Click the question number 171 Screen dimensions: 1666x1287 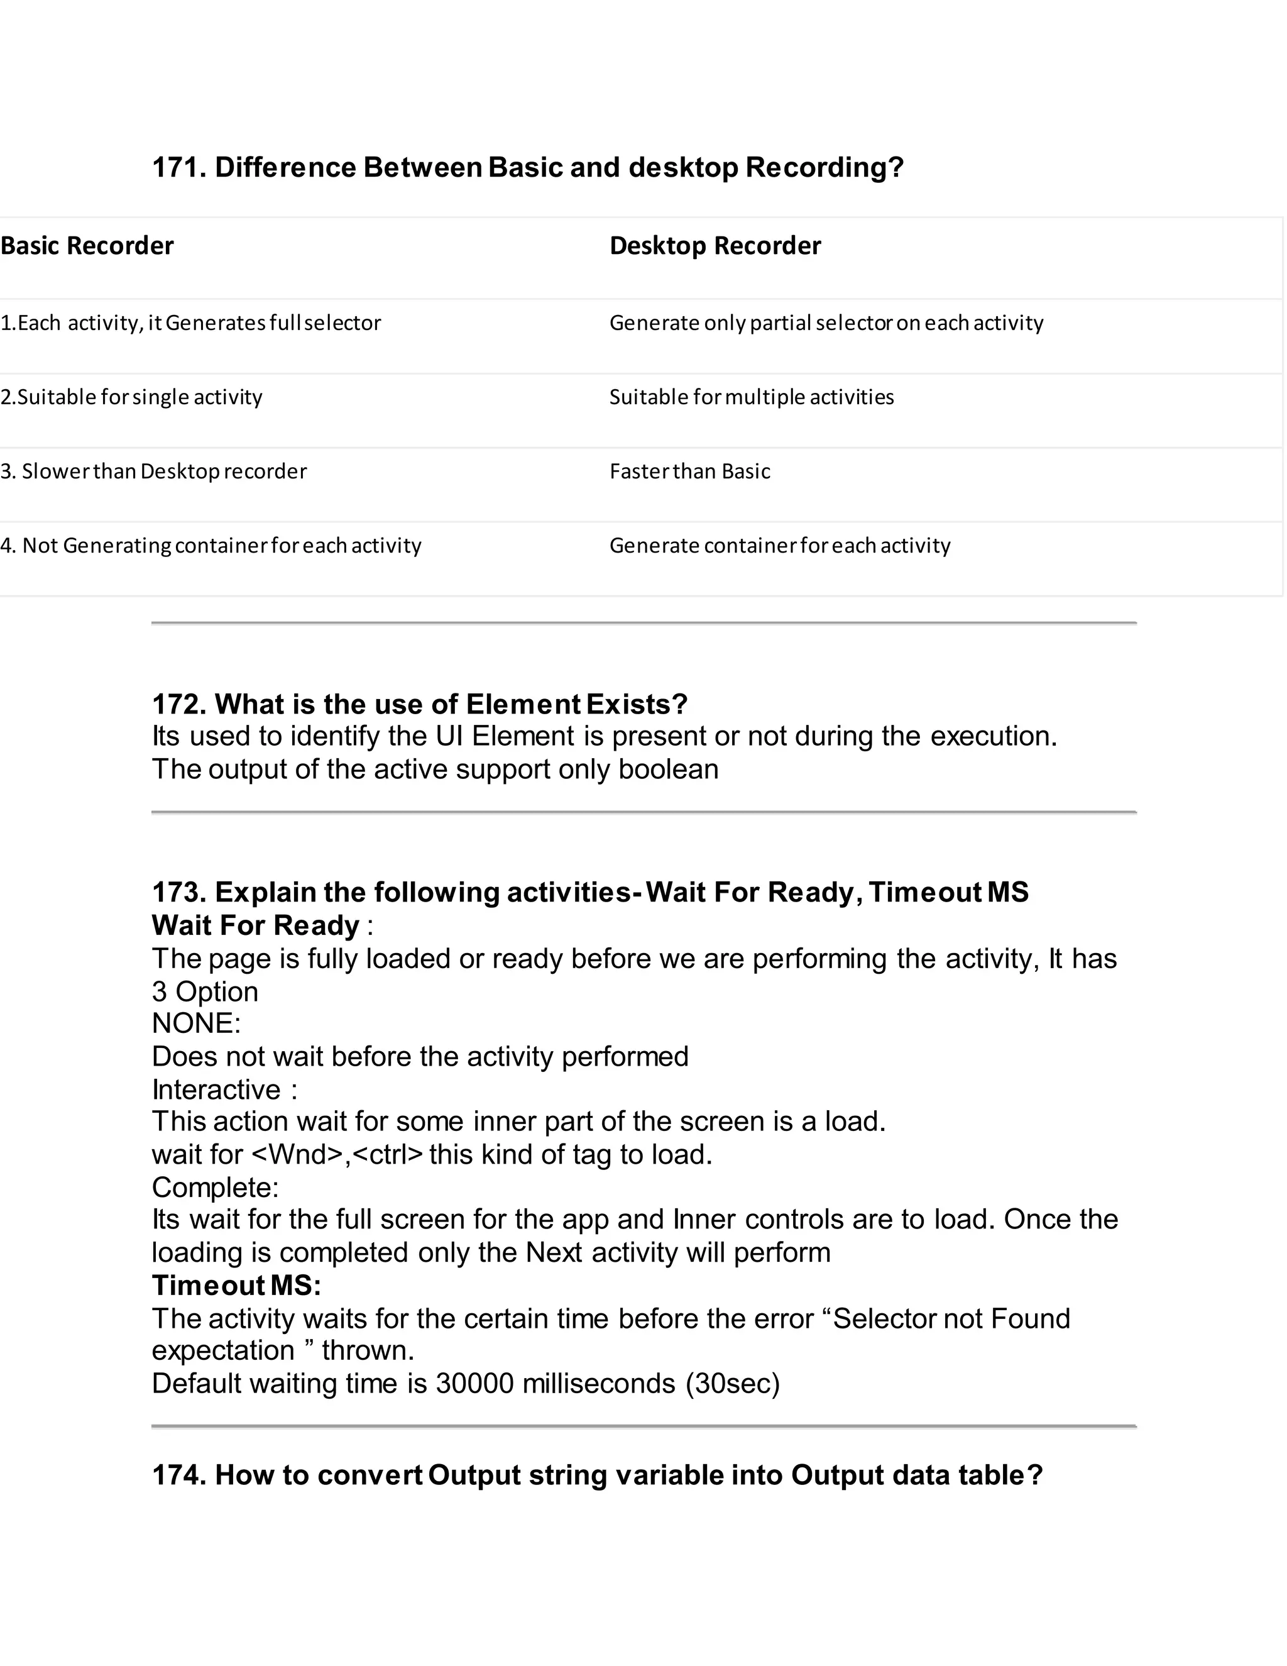[178, 167]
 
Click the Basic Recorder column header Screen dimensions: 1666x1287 [87, 246]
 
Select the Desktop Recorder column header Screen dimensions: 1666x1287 [715, 246]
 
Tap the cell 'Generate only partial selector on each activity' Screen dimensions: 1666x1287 [826, 323]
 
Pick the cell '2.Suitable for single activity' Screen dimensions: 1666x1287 [131, 397]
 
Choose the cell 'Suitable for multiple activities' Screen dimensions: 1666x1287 [751, 397]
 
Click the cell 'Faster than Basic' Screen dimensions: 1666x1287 [689, 472]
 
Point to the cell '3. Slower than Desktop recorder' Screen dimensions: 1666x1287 [153, 472]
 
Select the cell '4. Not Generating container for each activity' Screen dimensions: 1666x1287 [211, 546]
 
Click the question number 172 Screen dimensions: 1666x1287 [178, 704]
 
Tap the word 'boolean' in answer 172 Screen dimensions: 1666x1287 [668, 769]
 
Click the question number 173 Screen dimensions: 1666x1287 [178, 891]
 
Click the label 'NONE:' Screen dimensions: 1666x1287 [196, 1023]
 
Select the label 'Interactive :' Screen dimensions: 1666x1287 [224, 1090]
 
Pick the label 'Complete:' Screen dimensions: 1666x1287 [215, 1187]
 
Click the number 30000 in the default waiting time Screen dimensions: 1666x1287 [474, 1383]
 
